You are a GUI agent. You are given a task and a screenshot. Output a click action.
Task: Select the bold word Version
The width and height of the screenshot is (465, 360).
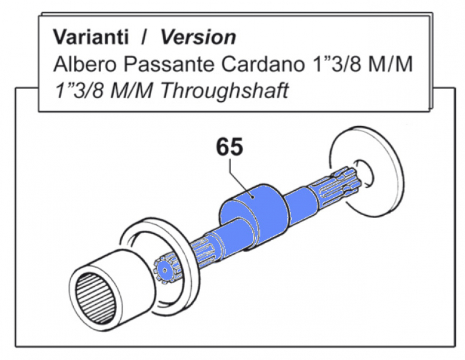[198, 37]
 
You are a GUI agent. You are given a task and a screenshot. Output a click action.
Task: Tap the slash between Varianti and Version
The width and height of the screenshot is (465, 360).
[142, 37]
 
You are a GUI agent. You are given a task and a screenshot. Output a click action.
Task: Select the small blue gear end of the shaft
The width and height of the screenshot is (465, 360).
[166, 269]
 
